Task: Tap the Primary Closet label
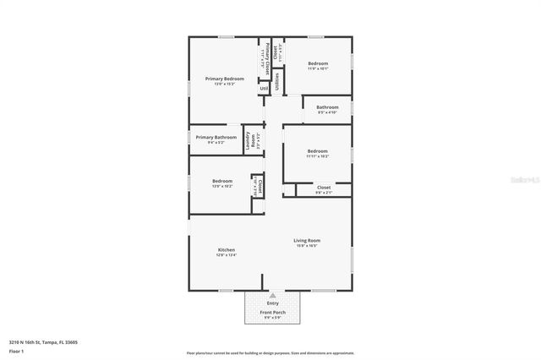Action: coord(267,57)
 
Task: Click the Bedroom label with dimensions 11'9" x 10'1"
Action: coord(317,64)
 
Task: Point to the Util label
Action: coord(264,88)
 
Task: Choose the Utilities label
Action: coord(276,82)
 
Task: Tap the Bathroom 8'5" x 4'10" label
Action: coord(327,107)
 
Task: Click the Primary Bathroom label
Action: coord(216,137)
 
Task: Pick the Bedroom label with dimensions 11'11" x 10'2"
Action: coord(318,151)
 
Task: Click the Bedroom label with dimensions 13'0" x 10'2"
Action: coord(222,181)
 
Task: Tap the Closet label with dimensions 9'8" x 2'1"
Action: coord(324,188)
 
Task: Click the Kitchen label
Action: coord(227,250)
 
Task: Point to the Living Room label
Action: coord(306,242)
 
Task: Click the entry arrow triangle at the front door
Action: coord(272,295)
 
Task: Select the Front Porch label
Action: coord(272,313)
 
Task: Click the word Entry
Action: coord(272,303)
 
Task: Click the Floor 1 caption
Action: coord(16,350)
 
